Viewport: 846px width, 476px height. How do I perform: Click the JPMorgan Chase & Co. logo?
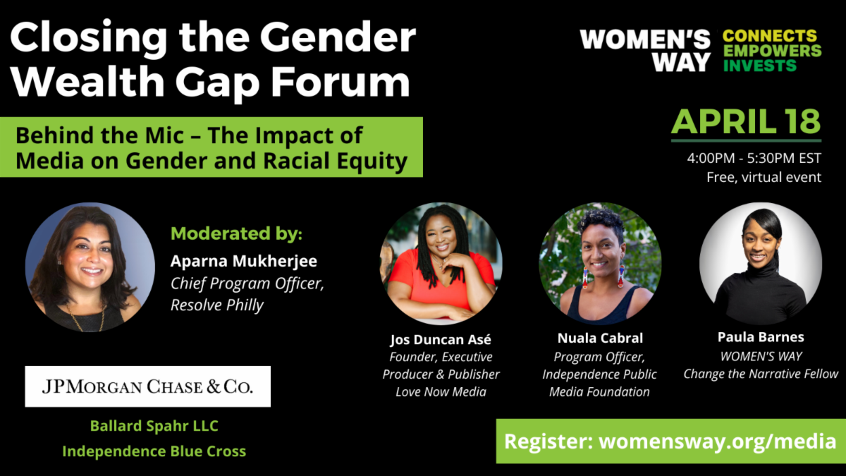tap(147, 386)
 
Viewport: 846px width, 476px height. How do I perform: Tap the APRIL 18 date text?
tap(746, 121)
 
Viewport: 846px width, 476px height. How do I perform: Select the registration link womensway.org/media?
tap(718, 441)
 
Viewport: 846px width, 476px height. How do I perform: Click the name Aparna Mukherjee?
tap(244, 261)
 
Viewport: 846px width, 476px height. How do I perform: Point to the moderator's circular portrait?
tap(90, 267)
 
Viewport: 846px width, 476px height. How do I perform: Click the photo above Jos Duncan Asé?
tap(441, 263)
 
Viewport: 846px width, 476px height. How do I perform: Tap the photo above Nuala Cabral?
tap(600, 263)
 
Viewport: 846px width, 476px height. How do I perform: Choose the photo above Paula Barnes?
tap(761, 263)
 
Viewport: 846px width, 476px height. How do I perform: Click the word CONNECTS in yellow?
tap(770, 36)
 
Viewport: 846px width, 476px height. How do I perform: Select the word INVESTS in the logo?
tap(760, 66)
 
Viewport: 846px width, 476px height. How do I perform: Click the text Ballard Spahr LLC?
tap(154, 426)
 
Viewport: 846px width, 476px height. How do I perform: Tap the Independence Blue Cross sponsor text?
tap(154, 451)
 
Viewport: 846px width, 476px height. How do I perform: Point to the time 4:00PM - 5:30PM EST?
tap(754, 158)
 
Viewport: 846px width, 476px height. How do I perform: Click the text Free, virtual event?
tap(764, 177)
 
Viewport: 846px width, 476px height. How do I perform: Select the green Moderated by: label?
tap(236, 233)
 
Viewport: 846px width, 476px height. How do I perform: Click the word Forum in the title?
tap(341, 82)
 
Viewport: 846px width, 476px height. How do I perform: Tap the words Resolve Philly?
tap(217, 305)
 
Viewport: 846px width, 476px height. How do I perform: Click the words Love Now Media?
tap(441, 392)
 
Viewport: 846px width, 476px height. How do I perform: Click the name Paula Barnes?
tap(761, 337)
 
